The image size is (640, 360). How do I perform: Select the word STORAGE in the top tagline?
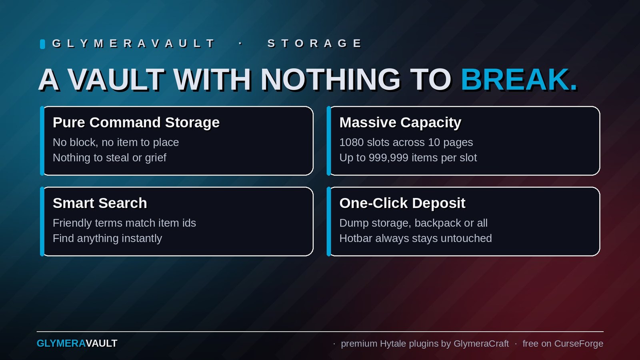click(x=314, y=44)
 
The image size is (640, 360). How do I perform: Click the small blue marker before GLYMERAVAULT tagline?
click(x=42, y=44)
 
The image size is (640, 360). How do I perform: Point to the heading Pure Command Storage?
click(x=136, y=122)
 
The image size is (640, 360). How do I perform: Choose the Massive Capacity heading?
click(x=400, y=122)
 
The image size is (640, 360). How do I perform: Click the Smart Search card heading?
click(x=100, y=203)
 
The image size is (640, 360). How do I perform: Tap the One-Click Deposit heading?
click(x=402, y=203)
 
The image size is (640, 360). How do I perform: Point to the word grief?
click(x=156, y=158)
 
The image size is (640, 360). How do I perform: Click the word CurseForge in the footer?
click(x=578, y=344)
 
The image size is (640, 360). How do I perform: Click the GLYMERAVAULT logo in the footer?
click(x=77, y=344)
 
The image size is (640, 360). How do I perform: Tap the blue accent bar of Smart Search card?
click(x=42, y=222)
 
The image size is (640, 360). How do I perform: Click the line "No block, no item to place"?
click(x=116, y=142)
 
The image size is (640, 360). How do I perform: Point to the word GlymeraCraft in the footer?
click(x=481, y=344)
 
